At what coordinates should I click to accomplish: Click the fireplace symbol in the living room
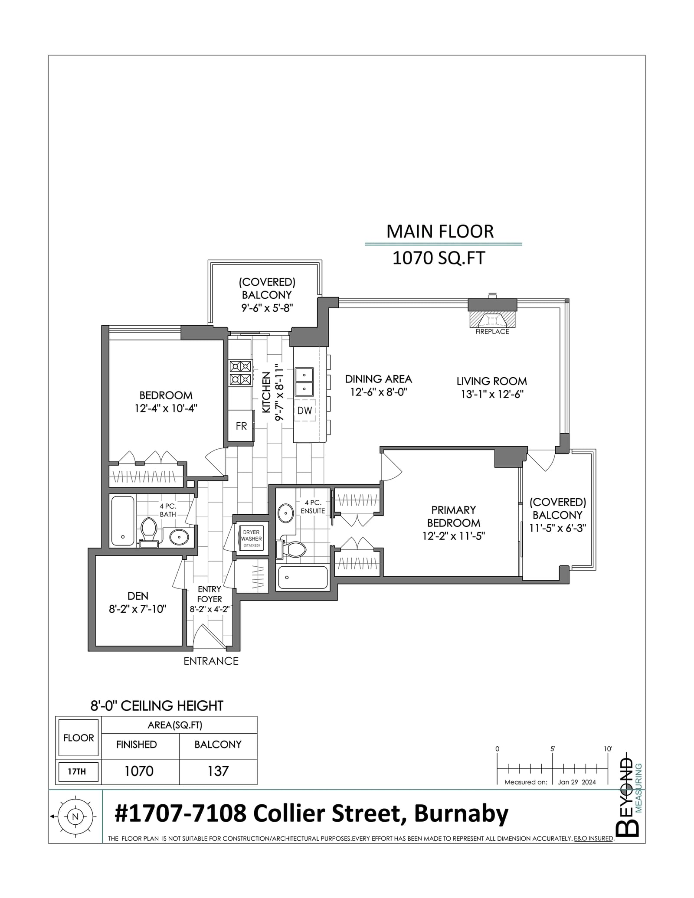click(x=492, y=320)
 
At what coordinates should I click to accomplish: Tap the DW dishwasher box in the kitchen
click(x=304, y=410)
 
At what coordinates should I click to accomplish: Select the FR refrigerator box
click(x=241, y=426)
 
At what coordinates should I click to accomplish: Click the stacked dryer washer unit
click(x=251, y=538)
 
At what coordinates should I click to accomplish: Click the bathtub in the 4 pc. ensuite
click(x=302, y=577)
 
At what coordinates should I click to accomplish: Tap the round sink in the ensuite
click(x=285, y=513)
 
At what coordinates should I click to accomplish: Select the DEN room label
click(x=138, y=596)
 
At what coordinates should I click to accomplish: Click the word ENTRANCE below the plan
click(x=211, y=661)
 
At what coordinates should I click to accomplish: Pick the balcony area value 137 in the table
click(x=218, y=771)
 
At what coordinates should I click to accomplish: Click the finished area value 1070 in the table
click(x=139, y=771)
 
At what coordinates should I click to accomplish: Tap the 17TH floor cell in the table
click(x=78, y=771)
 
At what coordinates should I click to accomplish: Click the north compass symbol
click(x=75, y=816)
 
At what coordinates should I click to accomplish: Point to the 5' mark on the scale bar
click(x=553, y=749)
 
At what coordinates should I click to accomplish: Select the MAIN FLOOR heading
click(x=440, y=232)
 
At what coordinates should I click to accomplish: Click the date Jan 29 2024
click(x=577, y=782)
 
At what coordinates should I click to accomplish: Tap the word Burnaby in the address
click(x=461, y=814)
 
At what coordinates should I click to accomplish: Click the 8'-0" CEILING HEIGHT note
click(x=157, y=706)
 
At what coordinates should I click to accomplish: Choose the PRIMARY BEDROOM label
click(x=454, y=516)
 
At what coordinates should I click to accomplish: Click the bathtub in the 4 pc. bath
click(x=123, y=521)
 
